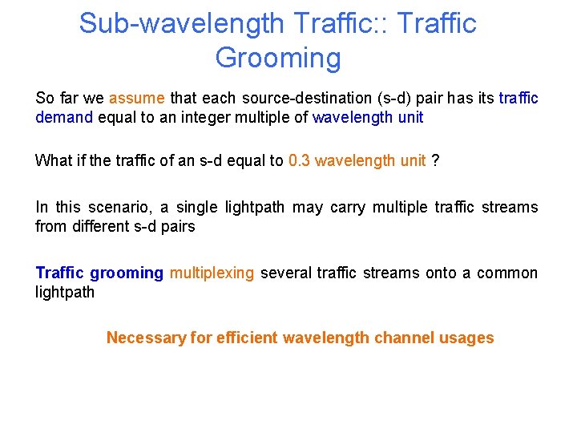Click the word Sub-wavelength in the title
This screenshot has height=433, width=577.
point(181,23)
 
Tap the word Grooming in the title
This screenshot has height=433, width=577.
point(278,58)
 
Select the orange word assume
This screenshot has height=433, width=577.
point(137,99)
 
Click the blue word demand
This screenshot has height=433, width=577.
point(65,118)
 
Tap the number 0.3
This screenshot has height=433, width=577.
point(299,160)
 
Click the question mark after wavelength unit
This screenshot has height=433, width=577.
point(435,160)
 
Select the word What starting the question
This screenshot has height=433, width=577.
point(52,160)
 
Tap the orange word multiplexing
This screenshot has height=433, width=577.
point(212,273)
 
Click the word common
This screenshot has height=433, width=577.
point(507,273)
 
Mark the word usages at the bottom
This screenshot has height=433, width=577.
point(467,338)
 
